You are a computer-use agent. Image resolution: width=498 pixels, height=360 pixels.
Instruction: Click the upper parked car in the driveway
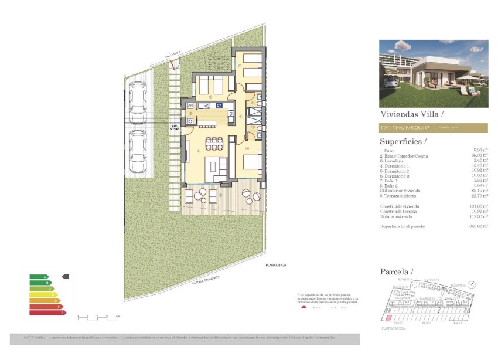138,99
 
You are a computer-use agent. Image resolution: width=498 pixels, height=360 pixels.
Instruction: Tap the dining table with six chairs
214,144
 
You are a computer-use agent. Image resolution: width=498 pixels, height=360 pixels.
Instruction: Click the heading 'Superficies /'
403,141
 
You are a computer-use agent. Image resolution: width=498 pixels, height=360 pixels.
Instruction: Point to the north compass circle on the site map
473,284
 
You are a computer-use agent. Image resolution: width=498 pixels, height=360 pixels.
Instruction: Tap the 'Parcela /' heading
397,271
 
